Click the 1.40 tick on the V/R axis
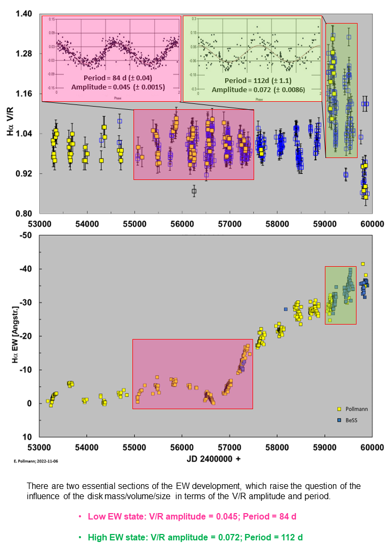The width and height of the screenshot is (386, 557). tap(25, 13)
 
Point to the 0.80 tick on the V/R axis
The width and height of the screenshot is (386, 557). tap(25, 214)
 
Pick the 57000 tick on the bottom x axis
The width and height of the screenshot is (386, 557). tap(230, 447)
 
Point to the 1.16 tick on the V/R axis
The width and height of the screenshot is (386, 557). tap(25, 94)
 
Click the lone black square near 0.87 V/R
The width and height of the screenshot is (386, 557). tap(194, 191)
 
